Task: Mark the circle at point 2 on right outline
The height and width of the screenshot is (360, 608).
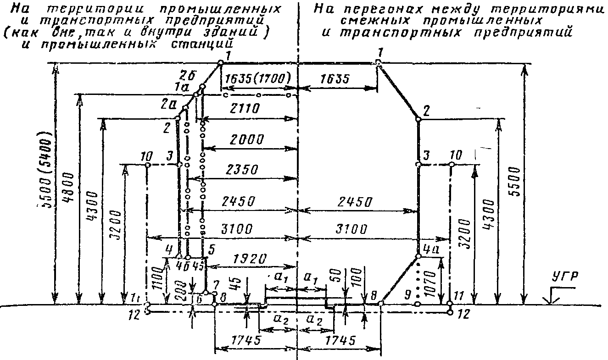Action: pyautogui.click(x=418, y=119)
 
